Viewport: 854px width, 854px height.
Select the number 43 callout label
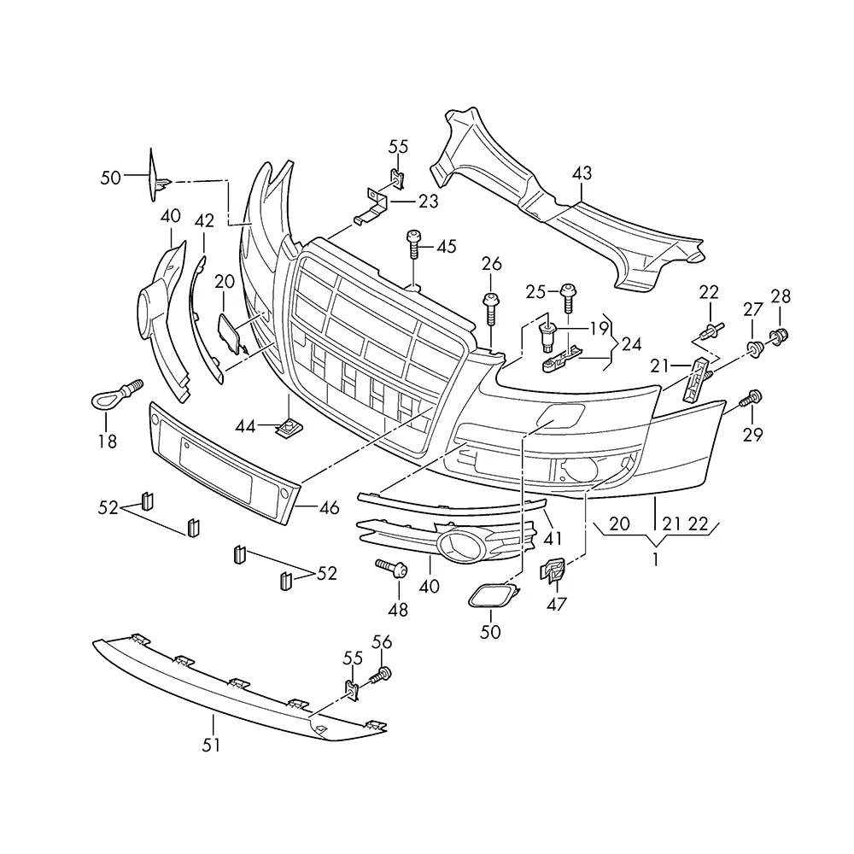coord(582,173)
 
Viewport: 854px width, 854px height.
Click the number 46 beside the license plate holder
coord(329,507)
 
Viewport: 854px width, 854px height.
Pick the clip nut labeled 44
coord(290,427)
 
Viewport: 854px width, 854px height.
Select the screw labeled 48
coord(392,568)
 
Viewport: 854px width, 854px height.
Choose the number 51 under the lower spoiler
coord(211,745)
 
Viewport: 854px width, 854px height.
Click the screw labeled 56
coord(381,676)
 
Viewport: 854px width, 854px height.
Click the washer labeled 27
coord(754,348)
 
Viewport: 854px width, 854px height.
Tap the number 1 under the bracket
coord(656,559)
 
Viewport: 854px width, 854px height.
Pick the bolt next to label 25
coord(568,297)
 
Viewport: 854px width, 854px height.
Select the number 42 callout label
coord(204,220)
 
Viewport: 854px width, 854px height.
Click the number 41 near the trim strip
coord(553,538)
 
